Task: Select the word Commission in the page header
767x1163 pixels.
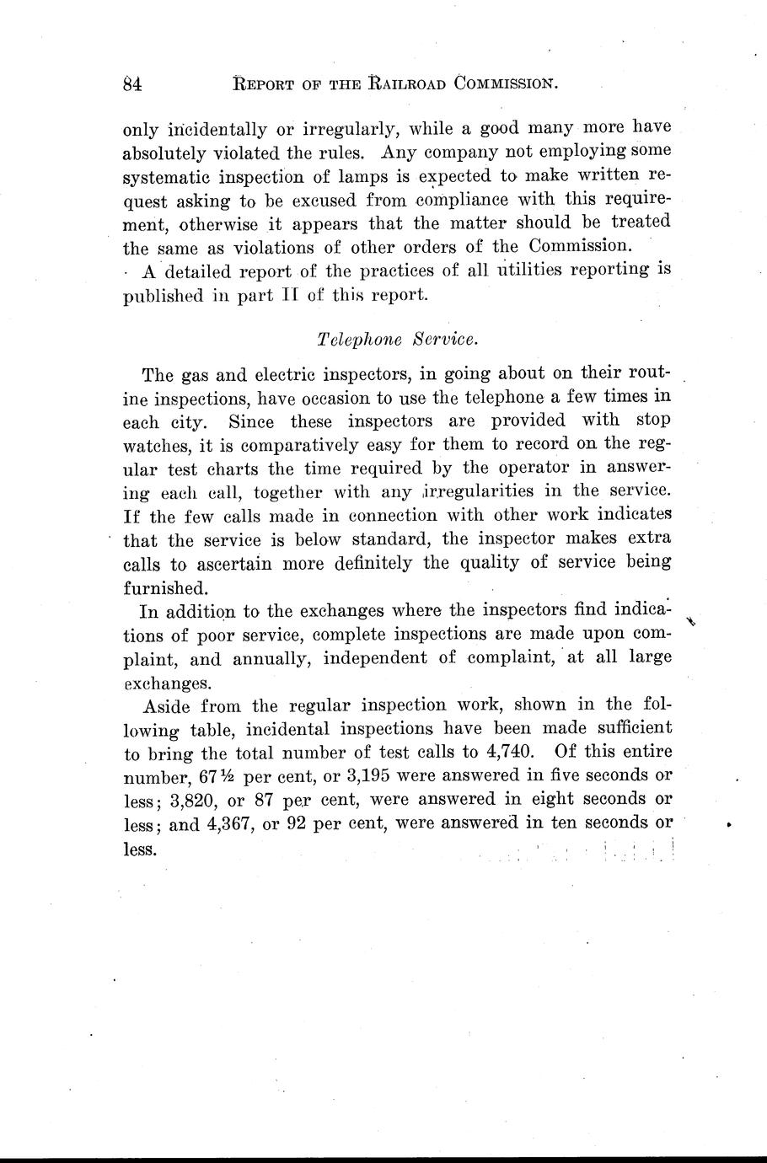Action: point(506,83)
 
